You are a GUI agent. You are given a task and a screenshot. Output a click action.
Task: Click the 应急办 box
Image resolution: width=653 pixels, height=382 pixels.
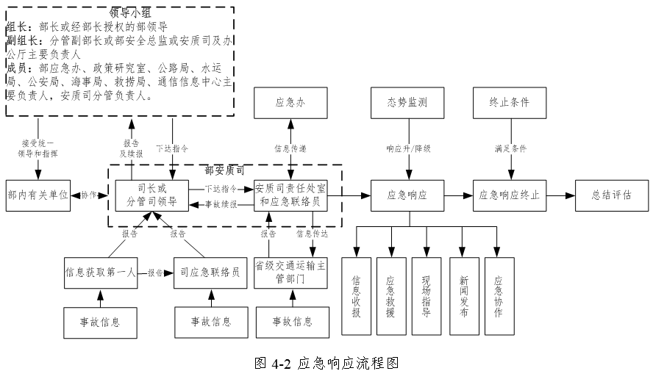tap(290, 102)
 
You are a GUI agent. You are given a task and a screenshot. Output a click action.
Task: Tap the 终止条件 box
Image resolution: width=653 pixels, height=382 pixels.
tap(509, 102)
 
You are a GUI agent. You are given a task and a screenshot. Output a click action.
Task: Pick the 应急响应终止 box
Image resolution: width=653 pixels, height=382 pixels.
tap(509, 195)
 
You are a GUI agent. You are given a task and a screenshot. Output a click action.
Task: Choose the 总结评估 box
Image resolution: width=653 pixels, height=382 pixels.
tap(611, 195)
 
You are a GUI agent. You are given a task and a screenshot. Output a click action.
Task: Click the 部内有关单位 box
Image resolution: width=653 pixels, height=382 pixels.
tap(38, 195)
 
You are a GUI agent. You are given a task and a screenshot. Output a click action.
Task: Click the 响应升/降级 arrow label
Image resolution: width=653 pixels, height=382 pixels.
tap(408, 148)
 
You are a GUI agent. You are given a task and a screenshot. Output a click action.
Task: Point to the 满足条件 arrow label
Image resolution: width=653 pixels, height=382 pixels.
tap(510, 148)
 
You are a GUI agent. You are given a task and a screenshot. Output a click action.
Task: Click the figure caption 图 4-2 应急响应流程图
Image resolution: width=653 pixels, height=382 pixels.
tap(326, 364)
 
